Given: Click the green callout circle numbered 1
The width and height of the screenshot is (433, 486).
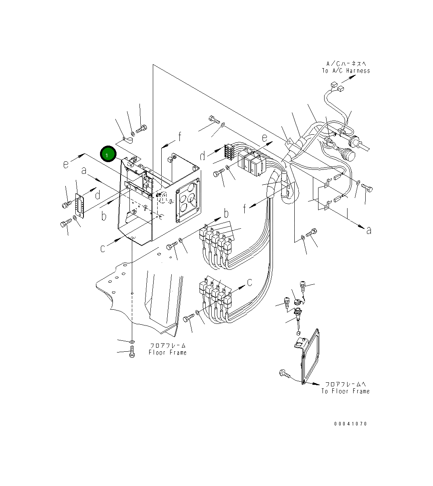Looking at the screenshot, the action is click(108, 154).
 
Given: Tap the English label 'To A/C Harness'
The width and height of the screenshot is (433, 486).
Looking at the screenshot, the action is click(346, 71).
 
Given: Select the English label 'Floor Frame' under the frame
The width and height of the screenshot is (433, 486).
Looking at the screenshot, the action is click(167, 353).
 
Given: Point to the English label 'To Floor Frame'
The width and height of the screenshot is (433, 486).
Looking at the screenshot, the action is click(345, 391).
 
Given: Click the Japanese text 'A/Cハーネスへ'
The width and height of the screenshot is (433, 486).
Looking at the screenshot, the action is click(346, 64).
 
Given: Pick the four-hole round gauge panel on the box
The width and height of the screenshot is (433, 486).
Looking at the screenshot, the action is click(188, 199).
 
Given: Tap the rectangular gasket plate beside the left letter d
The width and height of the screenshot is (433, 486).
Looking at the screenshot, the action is click(79, 206).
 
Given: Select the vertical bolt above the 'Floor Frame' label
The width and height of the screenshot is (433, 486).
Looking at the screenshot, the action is click(132, 352).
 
